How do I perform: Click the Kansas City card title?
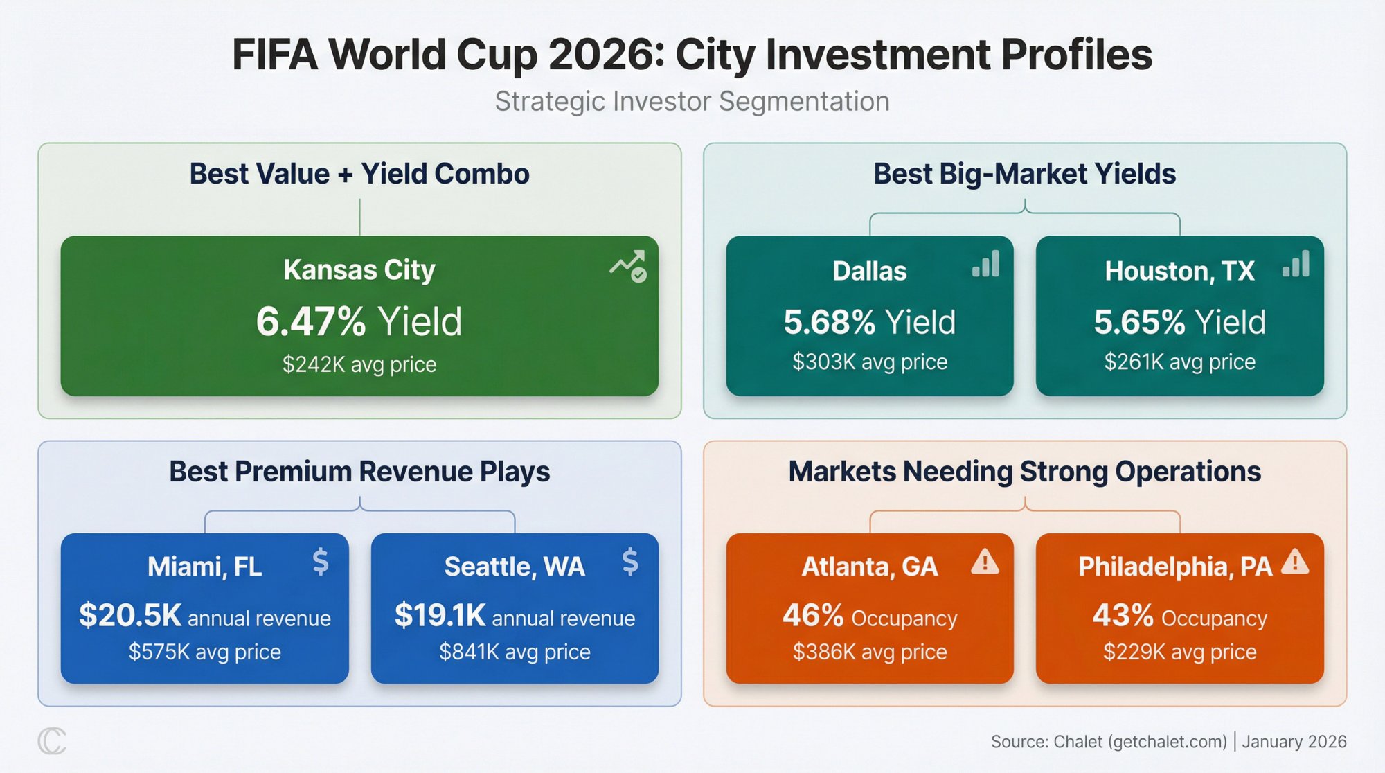[359, 270]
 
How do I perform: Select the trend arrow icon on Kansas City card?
[629, 266]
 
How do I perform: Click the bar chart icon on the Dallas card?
[986, 264]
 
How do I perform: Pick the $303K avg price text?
[870, 362]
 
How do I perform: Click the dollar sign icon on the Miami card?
[320, 561]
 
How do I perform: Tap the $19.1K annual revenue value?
[440, 615]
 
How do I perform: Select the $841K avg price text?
[515, 652]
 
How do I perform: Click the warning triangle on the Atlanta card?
[985, 562]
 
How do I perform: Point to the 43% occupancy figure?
[1123, 615]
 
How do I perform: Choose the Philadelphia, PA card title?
[1175, 567]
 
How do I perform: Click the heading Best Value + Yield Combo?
[359, 174]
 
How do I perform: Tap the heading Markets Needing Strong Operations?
[1024, 472]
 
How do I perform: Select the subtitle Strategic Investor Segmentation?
[692, 102]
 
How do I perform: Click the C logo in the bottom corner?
[52, 741]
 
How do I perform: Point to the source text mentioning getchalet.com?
[1168, 742]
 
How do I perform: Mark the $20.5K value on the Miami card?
[130, 615]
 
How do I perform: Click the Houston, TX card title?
[1179, 271]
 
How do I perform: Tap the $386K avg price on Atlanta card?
[870, 652]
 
